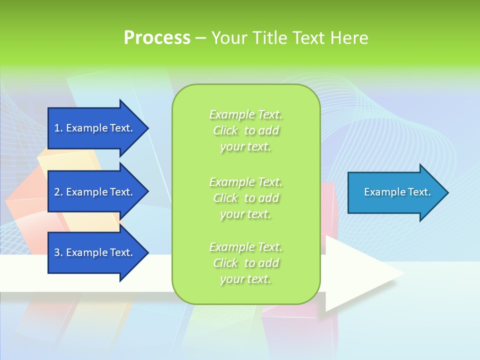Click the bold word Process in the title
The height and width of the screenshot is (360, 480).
click(x=157, y=37)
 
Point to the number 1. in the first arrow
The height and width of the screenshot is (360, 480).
click(x=58, y=128)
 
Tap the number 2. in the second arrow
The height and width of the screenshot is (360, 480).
click(x=58, y=192)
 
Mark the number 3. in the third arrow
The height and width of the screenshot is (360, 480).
click(x=58, y=252)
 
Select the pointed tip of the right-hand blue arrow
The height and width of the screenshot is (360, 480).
click(x=446, y=192)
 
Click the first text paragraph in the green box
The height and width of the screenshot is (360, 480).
click(x=245, y=130)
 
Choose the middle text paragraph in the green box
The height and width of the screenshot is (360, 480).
click(x=245, y=198)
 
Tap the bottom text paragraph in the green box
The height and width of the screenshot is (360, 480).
click(x=245, y=263)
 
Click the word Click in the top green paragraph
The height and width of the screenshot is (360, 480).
click(x=225, y=131)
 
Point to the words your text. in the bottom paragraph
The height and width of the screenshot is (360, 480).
click(x=245, y=279)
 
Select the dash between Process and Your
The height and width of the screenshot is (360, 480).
click(x=200, y=38)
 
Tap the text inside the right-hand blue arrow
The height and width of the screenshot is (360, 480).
click(x=397, y=192)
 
